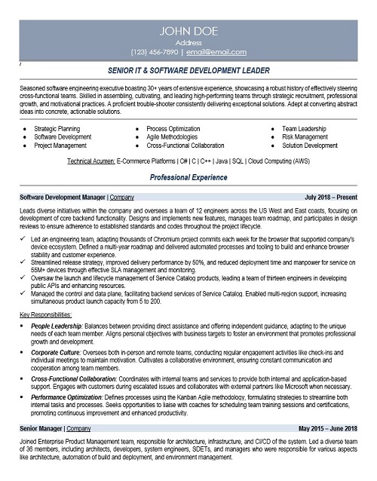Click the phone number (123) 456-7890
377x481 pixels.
coord(156,53)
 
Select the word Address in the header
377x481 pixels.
coord(188,43)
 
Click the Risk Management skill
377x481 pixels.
coord(305,137)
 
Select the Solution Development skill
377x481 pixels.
coord(309,146)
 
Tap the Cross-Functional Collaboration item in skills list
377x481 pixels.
coord(185,146)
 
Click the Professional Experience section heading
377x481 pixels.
coord(188,178)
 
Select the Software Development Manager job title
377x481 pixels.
coord(62,197)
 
